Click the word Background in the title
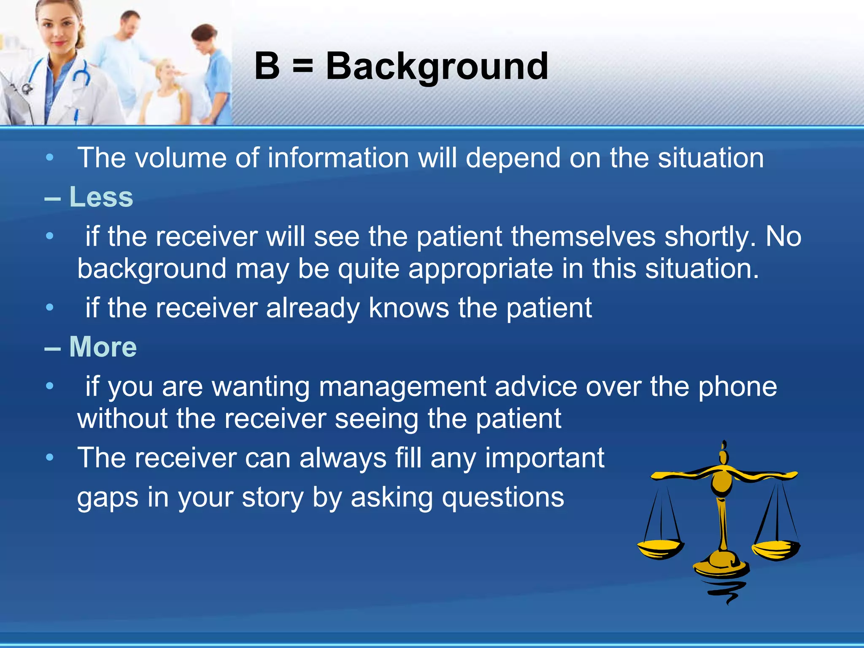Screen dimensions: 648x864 pos(437,67)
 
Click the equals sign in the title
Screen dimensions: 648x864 pos(302,67)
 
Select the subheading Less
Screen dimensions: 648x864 pos(101,197)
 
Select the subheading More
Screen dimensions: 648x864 pos(103,347)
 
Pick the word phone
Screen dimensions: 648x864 pos(737,386)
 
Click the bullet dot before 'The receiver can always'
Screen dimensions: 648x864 pos(50,457)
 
